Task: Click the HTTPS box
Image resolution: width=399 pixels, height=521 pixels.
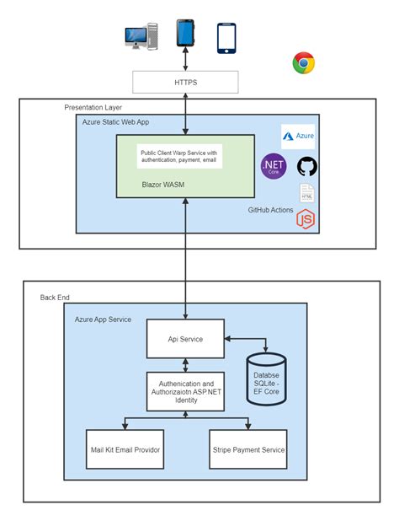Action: pos(185,82)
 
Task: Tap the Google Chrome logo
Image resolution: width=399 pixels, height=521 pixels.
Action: pos(304,62)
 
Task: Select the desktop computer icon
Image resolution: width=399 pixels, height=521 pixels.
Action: pos(141,36)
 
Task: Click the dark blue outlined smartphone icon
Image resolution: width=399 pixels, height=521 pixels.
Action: pos(226,38)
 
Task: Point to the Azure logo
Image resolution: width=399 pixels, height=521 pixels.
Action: pos(298,137)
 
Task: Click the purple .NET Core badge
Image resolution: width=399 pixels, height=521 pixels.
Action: pos(274,166)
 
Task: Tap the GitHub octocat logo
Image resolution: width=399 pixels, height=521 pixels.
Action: pos(306,166)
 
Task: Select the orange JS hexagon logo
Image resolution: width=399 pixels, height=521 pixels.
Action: pos(306,219)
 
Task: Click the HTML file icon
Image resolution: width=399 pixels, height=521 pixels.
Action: pos(306,193)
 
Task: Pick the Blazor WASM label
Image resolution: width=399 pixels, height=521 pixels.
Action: pos(163,185)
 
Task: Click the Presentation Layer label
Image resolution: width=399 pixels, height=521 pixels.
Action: pos(93,108)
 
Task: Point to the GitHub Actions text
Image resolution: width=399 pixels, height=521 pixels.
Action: pos(271,210)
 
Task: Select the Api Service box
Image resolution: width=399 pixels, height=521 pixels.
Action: pos(185,339)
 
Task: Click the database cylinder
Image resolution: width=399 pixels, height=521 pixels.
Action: pos(266,379)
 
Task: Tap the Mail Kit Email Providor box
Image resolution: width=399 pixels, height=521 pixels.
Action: pos(125,449)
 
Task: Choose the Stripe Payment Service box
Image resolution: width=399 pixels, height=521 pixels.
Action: pos(248,449)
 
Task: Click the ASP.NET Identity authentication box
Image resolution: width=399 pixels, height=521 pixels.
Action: pos(185,391)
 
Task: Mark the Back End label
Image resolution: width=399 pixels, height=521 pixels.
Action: pos(55,298)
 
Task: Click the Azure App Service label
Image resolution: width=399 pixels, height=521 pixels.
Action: pos(103,320)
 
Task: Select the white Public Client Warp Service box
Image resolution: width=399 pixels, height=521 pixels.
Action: pos(179,156)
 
